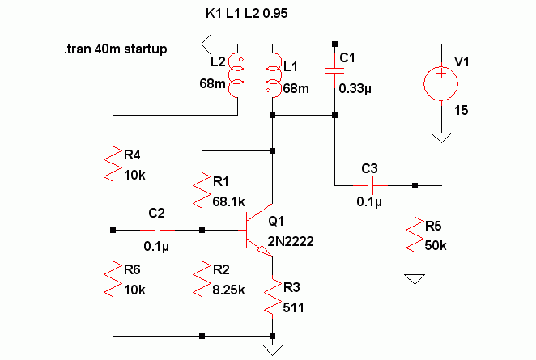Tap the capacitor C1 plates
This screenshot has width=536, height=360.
click(334, 70)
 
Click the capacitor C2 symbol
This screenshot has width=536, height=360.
click(157, 231)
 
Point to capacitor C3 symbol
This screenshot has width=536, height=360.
click(370, 185)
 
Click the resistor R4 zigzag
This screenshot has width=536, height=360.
click(113, 163)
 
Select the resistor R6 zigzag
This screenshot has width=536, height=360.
click(113, 279)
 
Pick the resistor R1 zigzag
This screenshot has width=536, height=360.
click(202, 190)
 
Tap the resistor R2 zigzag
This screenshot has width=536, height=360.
click(202, 279)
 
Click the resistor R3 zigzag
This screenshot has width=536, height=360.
click(272, 297)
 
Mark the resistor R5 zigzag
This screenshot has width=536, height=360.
click(415, 235)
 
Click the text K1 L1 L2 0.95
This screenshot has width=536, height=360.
click(246, 13)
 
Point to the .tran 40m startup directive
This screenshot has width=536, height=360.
click(116, 49)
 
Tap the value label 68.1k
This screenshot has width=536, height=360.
click(228, 202)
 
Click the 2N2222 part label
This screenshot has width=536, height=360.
click(291, 241)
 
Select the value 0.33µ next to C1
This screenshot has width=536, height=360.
click(355, 89)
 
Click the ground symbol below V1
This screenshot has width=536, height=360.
click(441, 138)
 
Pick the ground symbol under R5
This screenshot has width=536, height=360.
click(415, 279)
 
